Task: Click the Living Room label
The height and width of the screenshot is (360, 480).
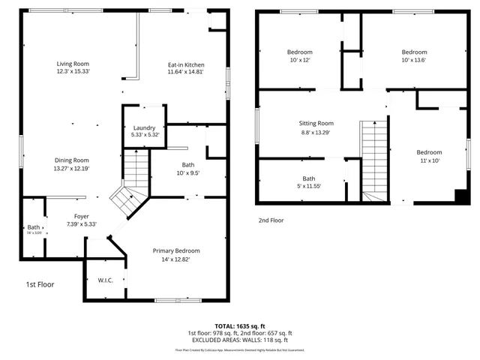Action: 73,64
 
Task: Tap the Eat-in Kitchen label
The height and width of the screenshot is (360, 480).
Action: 186,65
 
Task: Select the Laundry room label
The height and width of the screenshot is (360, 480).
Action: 143,128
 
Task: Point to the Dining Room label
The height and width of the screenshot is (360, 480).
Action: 71,160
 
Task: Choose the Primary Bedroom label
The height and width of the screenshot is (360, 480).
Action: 176,250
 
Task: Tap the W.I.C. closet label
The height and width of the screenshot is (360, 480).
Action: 105,280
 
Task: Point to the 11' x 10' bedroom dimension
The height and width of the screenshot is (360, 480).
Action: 429,160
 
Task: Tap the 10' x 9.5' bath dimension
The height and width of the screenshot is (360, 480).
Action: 187,173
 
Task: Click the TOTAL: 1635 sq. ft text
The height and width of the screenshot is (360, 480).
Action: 240,326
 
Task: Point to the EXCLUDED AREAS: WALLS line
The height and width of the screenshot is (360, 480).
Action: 240,340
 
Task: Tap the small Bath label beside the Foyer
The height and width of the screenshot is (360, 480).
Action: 34,227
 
